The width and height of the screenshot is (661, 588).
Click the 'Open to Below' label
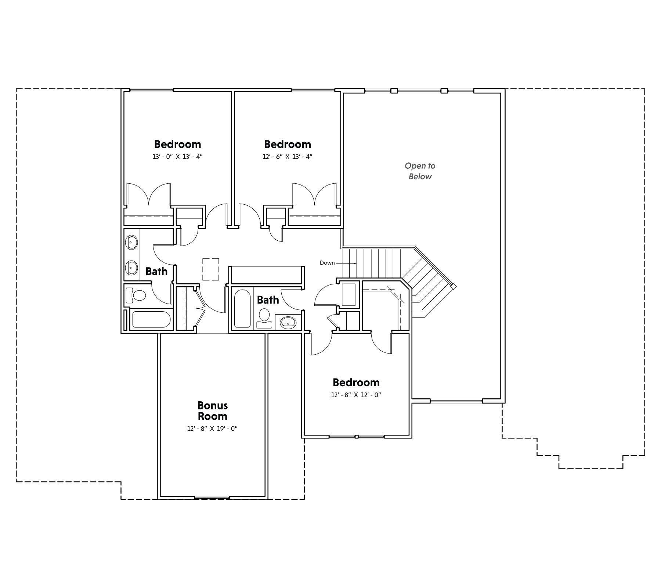(x=420, y=171)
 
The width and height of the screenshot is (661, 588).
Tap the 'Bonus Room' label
(x=213, y=411)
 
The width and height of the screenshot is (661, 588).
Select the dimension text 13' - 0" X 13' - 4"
(x=178, y=157)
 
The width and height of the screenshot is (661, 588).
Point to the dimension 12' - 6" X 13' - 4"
(x=288, y=157)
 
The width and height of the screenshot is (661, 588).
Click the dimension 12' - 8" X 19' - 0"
(x=213, y=429)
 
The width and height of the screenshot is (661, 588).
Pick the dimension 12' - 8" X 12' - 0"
(x=356, y=395)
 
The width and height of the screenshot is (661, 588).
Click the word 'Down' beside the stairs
(x=327, y=263)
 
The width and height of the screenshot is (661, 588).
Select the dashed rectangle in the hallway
(x=211, y=269)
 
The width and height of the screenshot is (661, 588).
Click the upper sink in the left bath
(x=131, y=243)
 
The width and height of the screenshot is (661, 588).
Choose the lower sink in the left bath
(x=131, y=268)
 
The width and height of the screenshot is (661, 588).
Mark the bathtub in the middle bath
(x=242, y=309)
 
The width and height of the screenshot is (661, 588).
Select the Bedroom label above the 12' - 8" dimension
(x=356, y=383)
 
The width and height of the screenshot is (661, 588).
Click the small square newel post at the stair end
(x=454, y=286)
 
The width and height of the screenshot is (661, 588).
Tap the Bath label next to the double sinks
(x=156, y=272)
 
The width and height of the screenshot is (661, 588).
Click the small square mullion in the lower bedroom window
(x=356, y=437)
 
